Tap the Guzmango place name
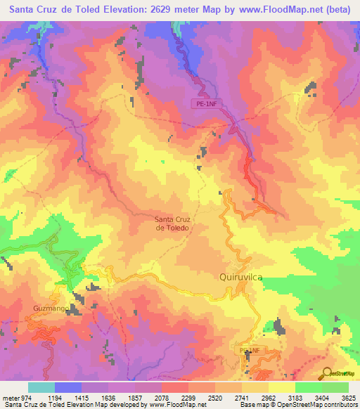coord(52,308)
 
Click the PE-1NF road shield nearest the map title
coord(203,103)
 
